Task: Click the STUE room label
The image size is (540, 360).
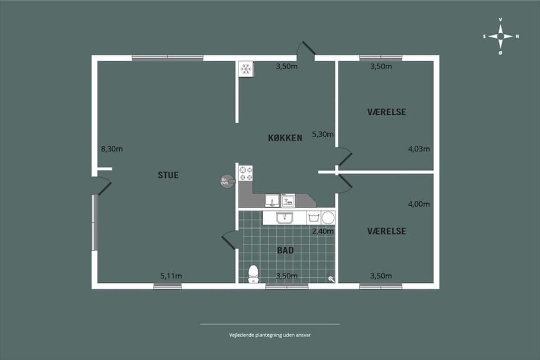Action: click(x=168, y=175)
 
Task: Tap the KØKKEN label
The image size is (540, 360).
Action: click(x=285, y=138)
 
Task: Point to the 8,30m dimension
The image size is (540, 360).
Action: click(x=112, y=149)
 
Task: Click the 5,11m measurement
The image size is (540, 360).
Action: click(x=171, y=276)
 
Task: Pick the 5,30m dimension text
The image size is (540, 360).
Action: click(x=323, y=134)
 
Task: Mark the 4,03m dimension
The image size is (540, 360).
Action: click(x=418, y=149)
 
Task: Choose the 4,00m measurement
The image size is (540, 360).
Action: click(x=418, y=204)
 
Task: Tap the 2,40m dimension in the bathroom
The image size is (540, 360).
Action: click(x=323, y=231)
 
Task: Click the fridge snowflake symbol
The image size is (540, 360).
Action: click(x=246, y=69)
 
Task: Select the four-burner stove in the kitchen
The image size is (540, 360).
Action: click(x=246, y=173)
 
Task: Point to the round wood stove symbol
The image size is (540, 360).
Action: click(x=226, y=181)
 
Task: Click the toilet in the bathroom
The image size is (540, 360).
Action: click(x=254, y=273)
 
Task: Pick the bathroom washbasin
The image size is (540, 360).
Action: click(x=284, y=218)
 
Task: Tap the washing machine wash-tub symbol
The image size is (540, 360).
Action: click(x=313, y=217)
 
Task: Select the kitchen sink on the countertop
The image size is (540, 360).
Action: click(x=273, y=200)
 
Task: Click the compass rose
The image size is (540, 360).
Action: click(x=500, y=37)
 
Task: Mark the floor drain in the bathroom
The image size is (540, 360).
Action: click(x=331, y=278)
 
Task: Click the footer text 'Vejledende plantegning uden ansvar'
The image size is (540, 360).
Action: click(x=270, y=334)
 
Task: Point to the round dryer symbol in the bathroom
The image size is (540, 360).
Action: click(x=328, y=217)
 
